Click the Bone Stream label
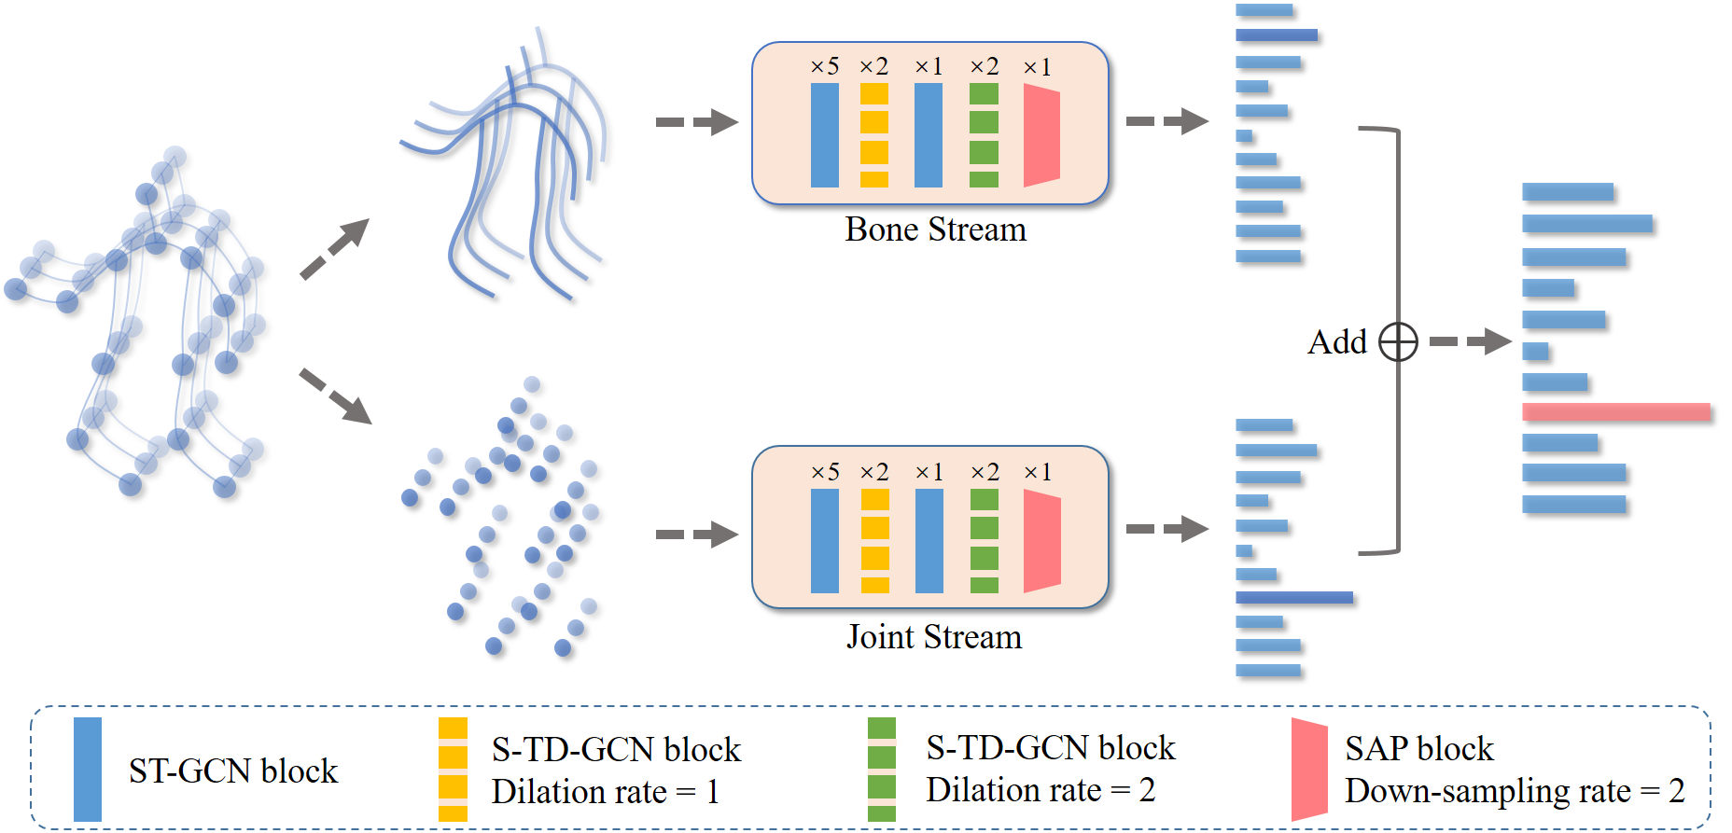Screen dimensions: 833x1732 [935, 229]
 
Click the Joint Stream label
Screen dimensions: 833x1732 [934, 637]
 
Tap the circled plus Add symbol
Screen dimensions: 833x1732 [1398, 342]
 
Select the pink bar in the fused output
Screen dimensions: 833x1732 [1615, 411]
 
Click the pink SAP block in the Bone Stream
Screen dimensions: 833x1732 [1041, 135]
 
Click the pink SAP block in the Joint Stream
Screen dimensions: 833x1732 [1041, 541]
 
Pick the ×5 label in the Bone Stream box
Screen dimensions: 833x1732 [825, 67]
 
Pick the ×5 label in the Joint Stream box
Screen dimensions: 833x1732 [825, 472]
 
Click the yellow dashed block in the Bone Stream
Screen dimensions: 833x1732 [874, 135]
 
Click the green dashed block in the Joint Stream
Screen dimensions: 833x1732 [984, 541]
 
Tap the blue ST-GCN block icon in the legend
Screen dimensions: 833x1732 [88, 769]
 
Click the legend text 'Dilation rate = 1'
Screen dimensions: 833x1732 [605, 792]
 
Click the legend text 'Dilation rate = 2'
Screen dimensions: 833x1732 [1040, 790]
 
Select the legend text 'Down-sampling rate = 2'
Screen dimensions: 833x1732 [1514, 791]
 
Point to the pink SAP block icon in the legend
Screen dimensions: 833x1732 [1308, 770]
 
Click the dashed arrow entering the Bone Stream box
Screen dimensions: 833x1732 [696, 122]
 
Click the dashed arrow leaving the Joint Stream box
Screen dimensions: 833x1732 [1166, 529]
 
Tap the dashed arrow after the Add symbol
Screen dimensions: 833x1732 [1470, 341]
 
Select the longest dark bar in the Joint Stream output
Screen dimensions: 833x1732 [1293, 597]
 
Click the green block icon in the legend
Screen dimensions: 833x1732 [881, 770]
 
